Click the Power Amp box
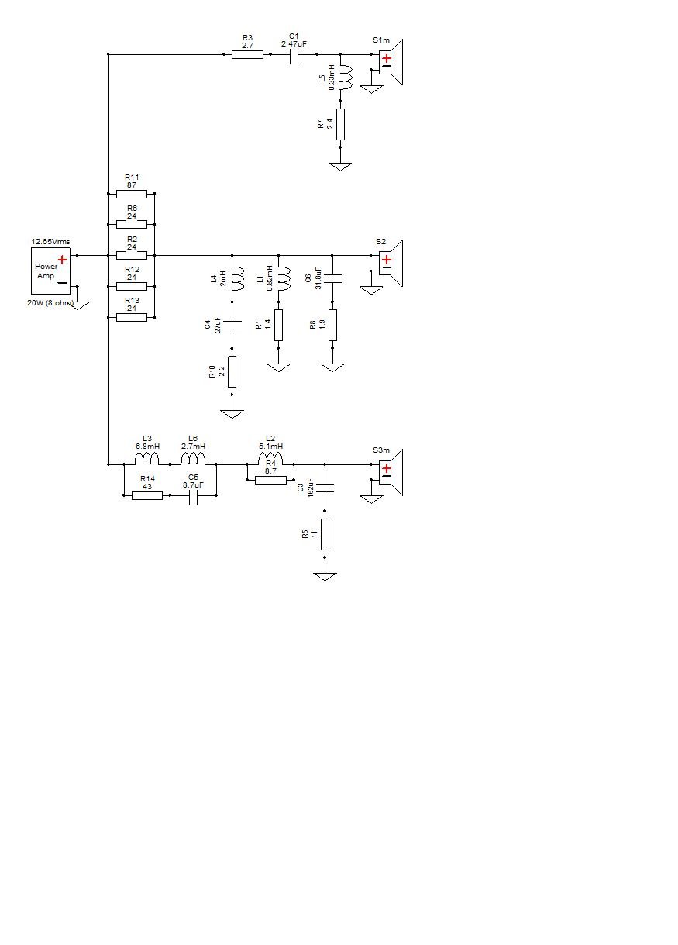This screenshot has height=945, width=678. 50,271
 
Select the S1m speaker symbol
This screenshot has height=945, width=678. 391,62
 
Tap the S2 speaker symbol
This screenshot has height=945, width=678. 391,264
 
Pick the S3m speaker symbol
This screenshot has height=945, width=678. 391,472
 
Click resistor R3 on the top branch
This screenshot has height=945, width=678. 247,54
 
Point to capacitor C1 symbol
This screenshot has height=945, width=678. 294,54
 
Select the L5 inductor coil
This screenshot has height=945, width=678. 346,78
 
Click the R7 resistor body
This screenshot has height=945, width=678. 340,124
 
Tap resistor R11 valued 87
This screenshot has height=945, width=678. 132,194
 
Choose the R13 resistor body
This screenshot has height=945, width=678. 132,317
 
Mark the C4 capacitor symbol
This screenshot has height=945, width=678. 232,325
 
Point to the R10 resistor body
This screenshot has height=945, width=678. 232,371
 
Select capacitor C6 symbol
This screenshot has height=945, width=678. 332,278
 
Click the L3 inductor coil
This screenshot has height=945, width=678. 146,458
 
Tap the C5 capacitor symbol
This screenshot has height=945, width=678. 194,495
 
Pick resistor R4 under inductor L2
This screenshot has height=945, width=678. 270,480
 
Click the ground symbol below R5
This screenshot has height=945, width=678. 325,577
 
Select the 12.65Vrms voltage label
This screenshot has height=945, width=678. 50,242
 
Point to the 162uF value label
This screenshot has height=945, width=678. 311,488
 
